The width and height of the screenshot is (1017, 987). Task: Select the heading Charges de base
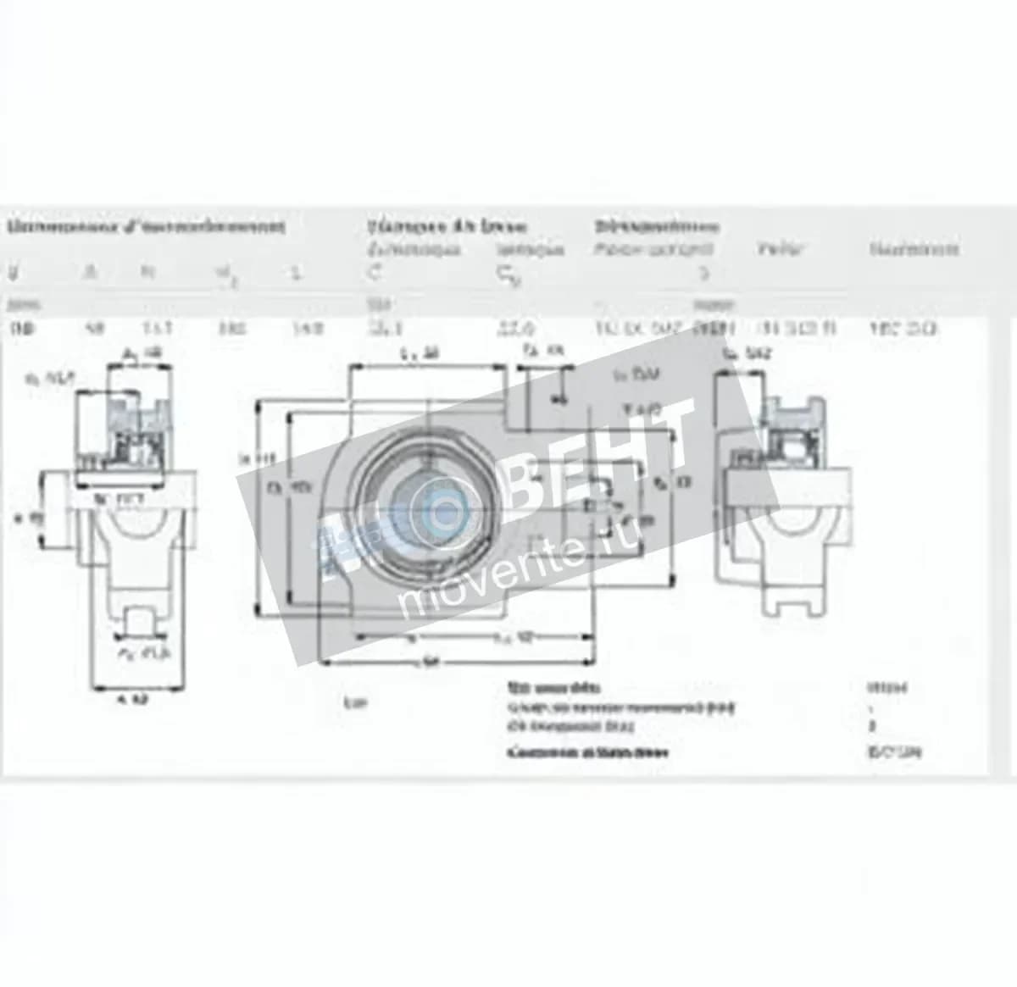coord(447,226)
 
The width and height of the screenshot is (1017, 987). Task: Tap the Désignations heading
coord(657,226)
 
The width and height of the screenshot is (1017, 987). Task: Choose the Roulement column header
coord(914,249)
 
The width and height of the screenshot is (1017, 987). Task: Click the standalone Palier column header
coord(780,249)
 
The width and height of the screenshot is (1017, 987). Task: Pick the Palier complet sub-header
coord(653,249)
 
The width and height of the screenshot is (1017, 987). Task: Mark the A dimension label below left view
coord(132,700)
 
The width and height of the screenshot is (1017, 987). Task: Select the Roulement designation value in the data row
coord(903,329)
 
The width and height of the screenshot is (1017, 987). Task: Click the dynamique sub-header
coord(414,249)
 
